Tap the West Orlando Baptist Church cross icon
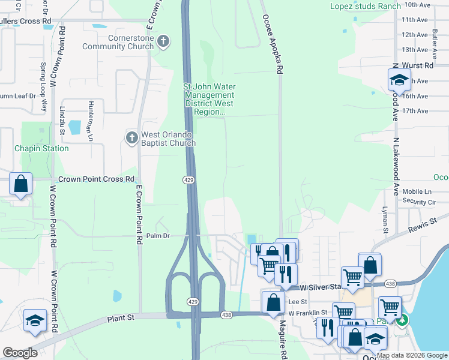pos(131,138)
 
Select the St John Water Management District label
pos(208,99)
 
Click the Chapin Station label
pos(41,148)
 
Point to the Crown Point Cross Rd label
pos(96,179)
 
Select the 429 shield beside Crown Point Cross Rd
pos(188,180)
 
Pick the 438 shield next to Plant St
pos(226,314)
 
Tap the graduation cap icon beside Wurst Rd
pos(399,80)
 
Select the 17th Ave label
pos(415,111)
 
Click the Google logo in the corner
pos(20,353)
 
